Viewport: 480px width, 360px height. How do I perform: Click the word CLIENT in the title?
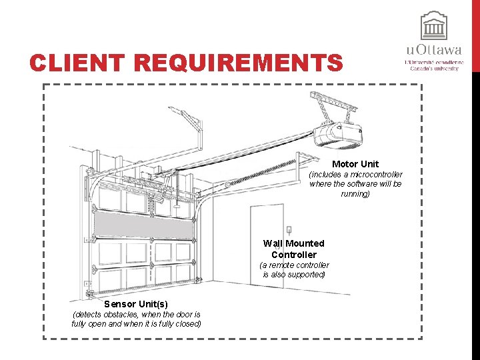(77, 63)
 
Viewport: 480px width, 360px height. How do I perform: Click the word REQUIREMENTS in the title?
(238, 63)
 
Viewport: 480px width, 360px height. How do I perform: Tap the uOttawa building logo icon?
(433, 25)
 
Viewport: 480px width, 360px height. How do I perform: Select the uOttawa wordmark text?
(433, 49)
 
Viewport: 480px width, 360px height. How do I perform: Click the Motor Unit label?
(355, 164)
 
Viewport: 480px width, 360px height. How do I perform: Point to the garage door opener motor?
(338, 133)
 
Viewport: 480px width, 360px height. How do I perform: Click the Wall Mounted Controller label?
(293, 249)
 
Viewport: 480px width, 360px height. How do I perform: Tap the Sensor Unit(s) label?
(136, 304)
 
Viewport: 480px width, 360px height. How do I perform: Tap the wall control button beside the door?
(289, 229)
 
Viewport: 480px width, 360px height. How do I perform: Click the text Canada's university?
(434, 69)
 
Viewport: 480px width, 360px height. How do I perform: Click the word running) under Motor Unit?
(355, 193)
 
